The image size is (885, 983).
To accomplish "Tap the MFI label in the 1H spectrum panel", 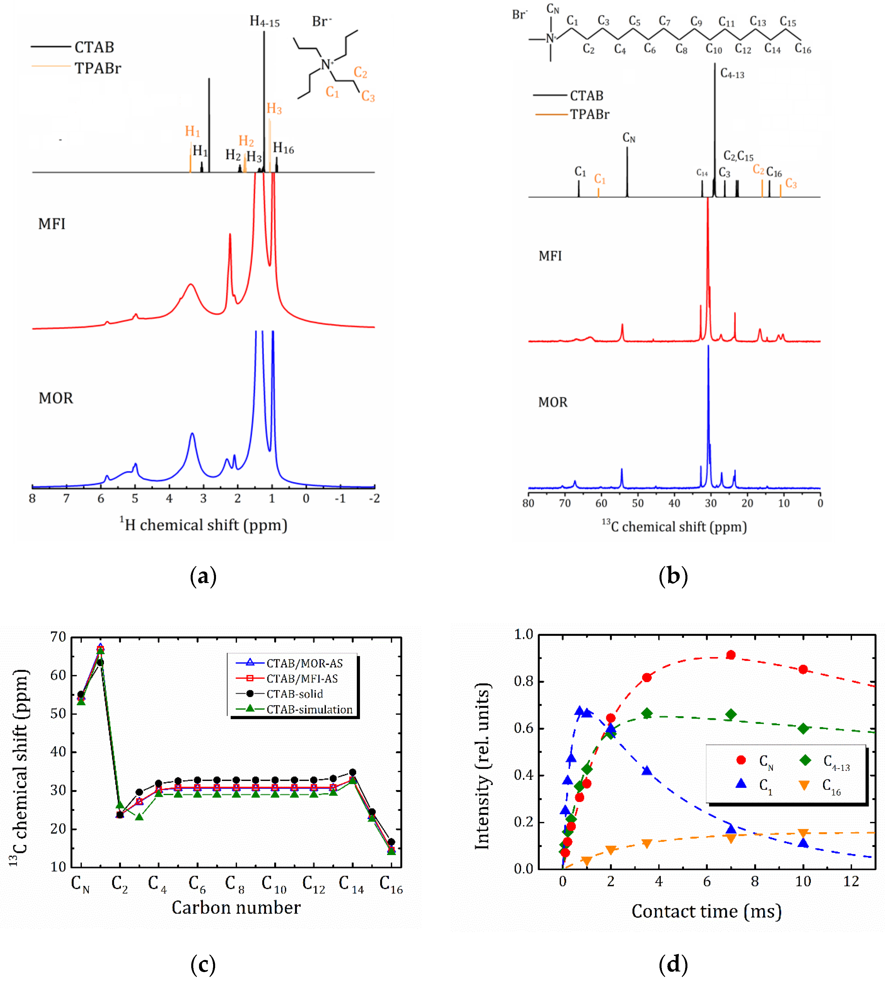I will (52, 224).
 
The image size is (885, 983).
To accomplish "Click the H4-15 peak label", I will (265, 21).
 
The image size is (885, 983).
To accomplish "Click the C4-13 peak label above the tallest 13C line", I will (732, 74).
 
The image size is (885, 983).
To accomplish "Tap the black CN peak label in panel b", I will (629, 138).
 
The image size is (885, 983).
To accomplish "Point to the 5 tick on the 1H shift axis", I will (135, 498).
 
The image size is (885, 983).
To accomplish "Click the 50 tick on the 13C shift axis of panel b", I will (638, 503).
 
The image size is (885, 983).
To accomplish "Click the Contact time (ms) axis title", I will (706, 911).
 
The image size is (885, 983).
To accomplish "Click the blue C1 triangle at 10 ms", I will (803, 843).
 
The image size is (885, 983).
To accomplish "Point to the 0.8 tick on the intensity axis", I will (523, 681).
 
